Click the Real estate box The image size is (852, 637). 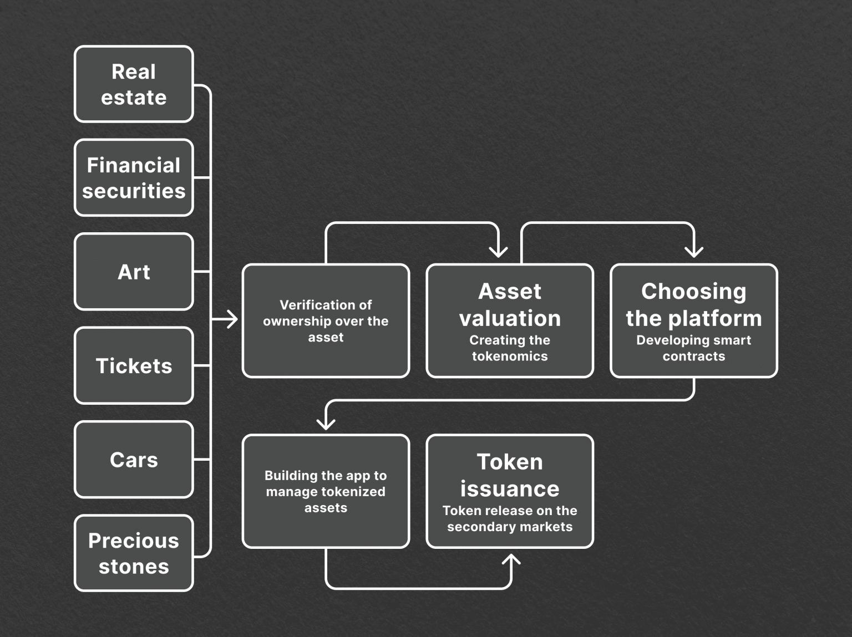(134, 84)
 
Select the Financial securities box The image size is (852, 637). (134, 178)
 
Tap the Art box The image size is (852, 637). (134, 272)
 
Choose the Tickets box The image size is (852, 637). (134, 366)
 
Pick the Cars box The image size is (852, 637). (134, 460)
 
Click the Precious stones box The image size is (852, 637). (134, 553)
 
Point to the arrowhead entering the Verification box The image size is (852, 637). (232, 319)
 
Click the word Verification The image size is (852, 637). (303, 305)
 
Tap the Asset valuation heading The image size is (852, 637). (510, 305)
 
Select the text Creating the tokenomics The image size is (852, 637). (510, 348)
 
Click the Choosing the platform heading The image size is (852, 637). (693, 305)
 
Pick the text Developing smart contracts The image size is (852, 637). (693, 348)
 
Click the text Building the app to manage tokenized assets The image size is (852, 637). (326, 491)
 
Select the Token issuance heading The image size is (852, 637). (510, 475)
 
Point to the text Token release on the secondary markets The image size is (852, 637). (510, 518)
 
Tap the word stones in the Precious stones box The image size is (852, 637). (134, 567)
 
